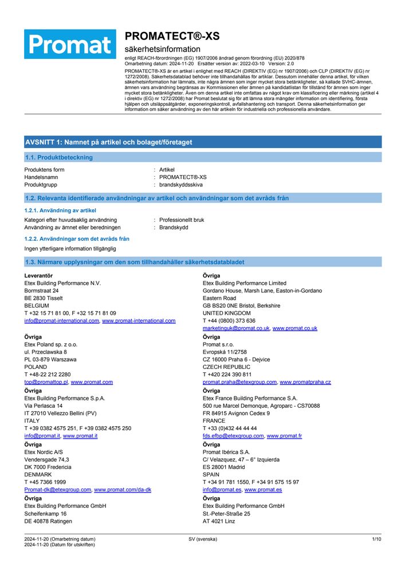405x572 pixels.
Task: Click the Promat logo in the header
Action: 70,44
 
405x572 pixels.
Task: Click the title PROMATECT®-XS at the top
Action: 172,36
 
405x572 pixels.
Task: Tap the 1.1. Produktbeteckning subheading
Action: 59,157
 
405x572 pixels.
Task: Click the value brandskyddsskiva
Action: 180,185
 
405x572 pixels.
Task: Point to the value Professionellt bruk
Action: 181,220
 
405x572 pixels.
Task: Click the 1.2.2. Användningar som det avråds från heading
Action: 77,239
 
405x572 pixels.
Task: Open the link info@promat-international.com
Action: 61,321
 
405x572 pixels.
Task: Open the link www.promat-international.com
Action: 139,321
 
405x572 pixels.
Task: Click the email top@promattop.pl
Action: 46,382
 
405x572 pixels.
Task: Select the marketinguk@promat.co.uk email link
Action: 236,328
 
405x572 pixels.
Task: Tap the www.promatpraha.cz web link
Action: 305,382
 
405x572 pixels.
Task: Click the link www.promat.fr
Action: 284,436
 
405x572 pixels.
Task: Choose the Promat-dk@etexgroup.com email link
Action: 57,490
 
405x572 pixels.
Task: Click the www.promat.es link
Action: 263,490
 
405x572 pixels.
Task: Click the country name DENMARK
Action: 38,474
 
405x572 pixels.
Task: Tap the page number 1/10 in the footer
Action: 376,539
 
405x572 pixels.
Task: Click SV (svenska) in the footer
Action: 203,539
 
